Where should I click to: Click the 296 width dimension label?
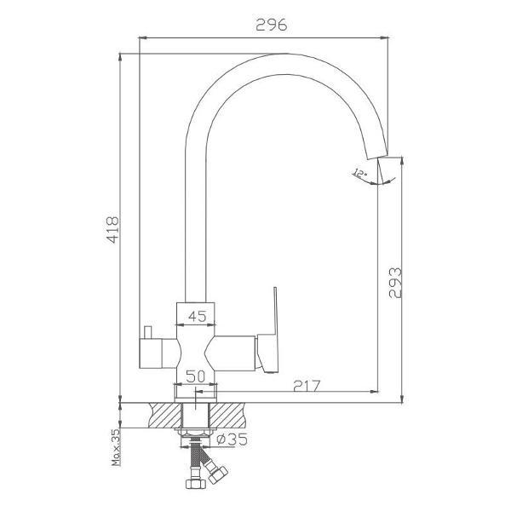pos(272,25)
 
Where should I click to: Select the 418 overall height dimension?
pos(113,229)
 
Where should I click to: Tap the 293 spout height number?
pos(395,283)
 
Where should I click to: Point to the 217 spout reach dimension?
pos(307,386)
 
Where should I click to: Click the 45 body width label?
pos(198,316)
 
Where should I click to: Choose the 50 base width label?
pos(196,376)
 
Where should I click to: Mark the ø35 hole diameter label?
pos(232,439)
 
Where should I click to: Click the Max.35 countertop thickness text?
pos(116,447)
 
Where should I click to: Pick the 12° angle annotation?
pos(359,173)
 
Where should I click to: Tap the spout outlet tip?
pos(378,156)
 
